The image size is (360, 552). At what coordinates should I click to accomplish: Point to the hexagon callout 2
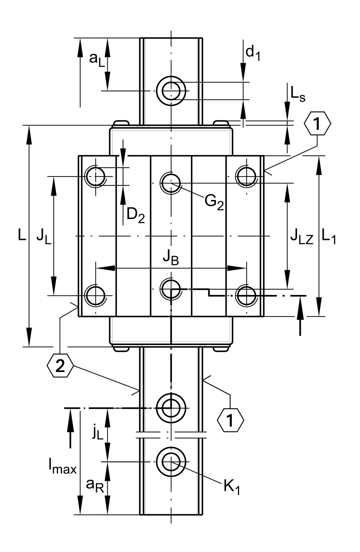tap(60, 366)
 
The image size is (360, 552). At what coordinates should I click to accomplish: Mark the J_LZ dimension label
tap(301, 237)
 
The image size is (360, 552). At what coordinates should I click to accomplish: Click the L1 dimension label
tap(329, 237)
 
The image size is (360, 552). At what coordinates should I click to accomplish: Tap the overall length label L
tap(22, 236)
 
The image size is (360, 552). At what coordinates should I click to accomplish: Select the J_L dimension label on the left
tap(44, 237)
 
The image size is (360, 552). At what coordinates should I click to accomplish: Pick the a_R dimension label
tap(95, 485)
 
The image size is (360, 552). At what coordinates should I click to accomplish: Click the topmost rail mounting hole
tap(171, 91)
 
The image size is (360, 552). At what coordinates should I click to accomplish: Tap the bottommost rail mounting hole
tap(171, 461)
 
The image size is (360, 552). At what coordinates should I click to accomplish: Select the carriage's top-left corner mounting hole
tap(95, 176)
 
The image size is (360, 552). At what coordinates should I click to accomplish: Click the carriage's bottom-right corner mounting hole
tap(246, 295)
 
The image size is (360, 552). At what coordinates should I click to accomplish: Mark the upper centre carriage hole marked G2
tap(171, 183)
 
